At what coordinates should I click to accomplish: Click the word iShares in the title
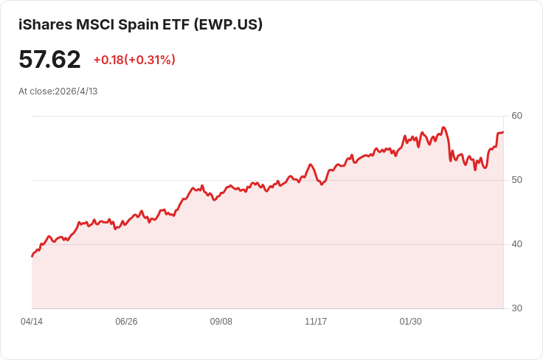(45, 24)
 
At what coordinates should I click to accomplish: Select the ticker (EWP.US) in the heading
(228, 24)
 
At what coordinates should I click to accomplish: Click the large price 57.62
(49, 59)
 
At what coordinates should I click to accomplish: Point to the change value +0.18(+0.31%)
(134, 60)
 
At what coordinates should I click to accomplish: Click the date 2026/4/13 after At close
(76, 91)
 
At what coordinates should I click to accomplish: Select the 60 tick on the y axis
(516, 116)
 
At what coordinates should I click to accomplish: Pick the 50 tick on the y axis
(516, 180)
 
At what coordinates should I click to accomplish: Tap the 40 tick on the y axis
(516, 244)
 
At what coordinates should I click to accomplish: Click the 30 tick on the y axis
(516, 308)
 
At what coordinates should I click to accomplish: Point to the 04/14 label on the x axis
(32, 322)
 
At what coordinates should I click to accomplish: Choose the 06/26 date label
(126, 322)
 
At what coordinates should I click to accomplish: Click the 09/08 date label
(221, 322)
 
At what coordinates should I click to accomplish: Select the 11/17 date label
(316, 322)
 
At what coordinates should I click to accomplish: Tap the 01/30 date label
(410, 322)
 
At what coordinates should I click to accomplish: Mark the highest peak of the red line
(443, 128)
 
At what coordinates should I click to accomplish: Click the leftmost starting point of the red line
(32, 257)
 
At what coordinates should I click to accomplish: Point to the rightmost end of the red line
(503, 132)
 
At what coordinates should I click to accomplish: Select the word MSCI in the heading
(95, 24)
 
